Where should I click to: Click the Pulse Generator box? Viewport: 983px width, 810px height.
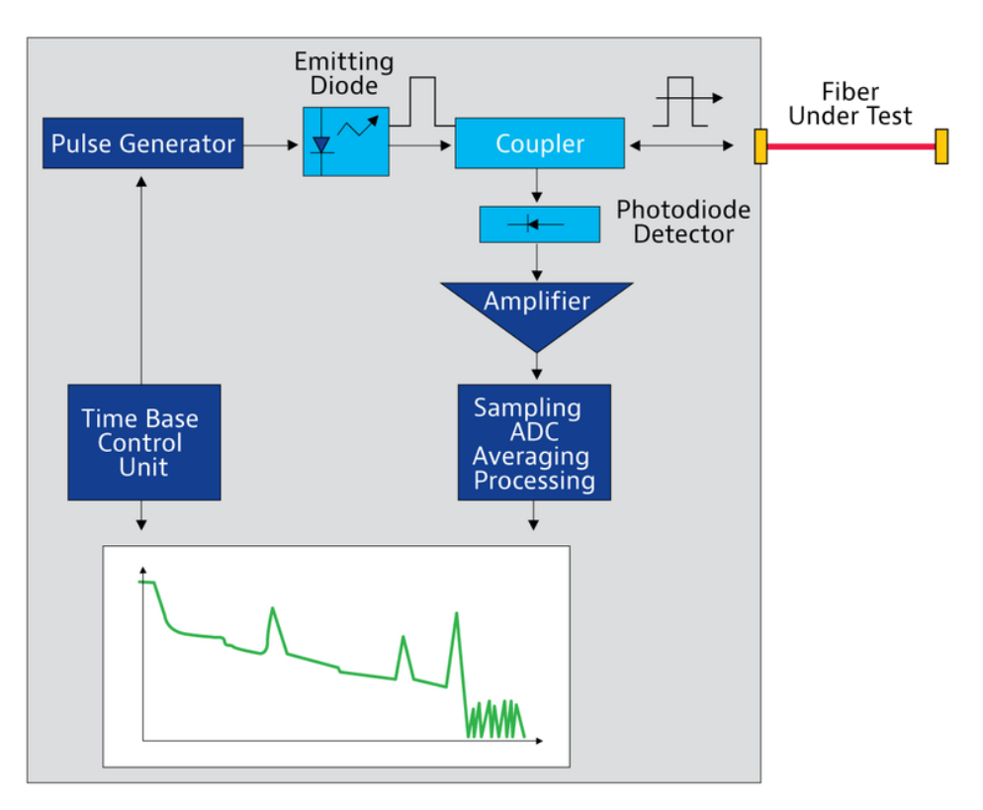click(143, 144)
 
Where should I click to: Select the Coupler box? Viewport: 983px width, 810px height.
click(540, 144)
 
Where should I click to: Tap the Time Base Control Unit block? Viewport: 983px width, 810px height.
click(144, 442)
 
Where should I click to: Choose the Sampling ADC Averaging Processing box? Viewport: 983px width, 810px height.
click(534, 443)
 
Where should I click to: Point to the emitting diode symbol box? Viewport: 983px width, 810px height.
click(346, 142)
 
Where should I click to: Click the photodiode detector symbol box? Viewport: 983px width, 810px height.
click(539, 225)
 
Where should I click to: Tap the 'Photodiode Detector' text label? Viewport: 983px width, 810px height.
click(683, 223)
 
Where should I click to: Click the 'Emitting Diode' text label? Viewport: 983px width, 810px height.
click(344, 74)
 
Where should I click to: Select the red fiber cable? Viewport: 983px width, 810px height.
click(850, 145)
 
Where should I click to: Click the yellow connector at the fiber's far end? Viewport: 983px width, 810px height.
click(941, 146)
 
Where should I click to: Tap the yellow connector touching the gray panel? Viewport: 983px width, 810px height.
click(760, 146)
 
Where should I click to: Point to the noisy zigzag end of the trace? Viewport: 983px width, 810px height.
click(494, 719)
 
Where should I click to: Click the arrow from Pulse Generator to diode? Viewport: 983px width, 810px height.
click(272, 144)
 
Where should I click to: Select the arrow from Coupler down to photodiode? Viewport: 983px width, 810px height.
click(537, 187)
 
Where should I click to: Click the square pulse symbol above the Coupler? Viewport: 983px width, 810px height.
click(422, 101)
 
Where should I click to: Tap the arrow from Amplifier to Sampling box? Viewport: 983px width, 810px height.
click(537, 367)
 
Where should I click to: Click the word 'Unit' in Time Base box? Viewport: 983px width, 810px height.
click(144, 467)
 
